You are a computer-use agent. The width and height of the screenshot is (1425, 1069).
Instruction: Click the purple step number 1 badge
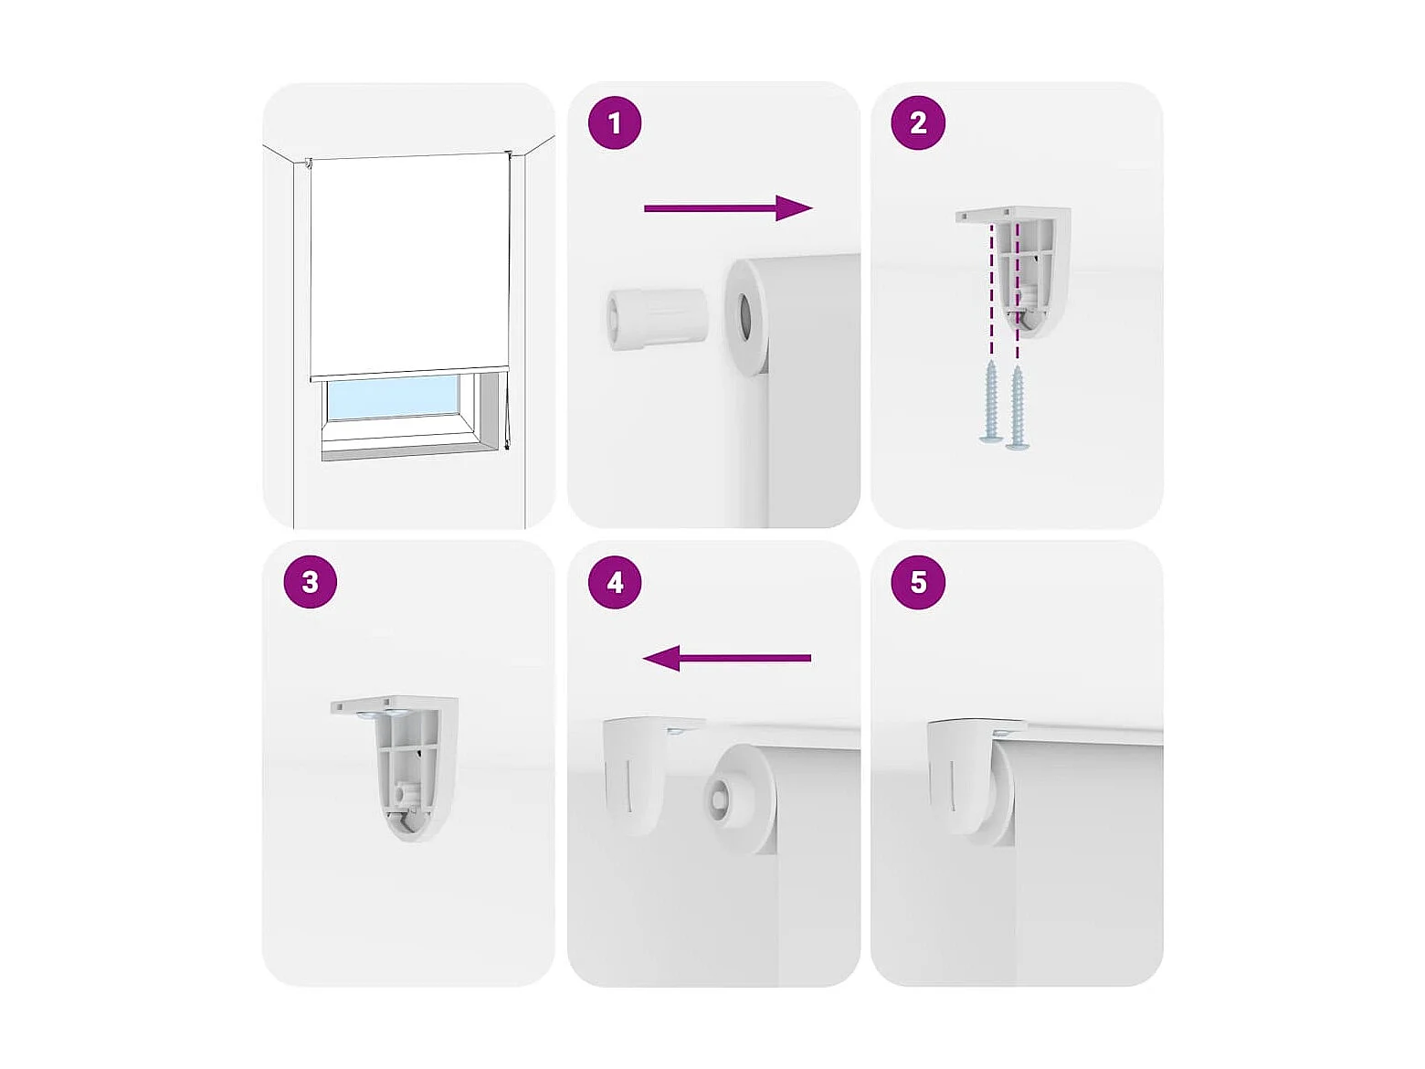[614, 122]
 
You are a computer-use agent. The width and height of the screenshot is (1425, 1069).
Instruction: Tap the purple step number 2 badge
[918, 122]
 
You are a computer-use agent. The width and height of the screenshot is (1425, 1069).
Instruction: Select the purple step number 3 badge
[311, 582]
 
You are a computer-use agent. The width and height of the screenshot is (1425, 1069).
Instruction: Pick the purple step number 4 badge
[614, 582]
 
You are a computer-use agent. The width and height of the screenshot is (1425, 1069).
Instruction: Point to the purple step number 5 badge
[918, 582]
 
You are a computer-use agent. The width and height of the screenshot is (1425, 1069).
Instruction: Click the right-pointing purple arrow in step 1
[728, 208]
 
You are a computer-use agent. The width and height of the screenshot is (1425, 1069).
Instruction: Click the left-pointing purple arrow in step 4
[726, 658]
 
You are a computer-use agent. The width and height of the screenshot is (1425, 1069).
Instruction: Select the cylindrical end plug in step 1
[657, 320]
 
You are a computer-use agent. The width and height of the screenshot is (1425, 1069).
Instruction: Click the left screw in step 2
[991, 402]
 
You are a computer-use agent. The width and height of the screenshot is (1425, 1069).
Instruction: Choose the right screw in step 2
[1017, 407]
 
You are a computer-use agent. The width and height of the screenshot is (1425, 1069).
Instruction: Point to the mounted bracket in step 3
[395, 769]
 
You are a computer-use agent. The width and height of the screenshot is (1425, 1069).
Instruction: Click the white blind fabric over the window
[407, 265]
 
